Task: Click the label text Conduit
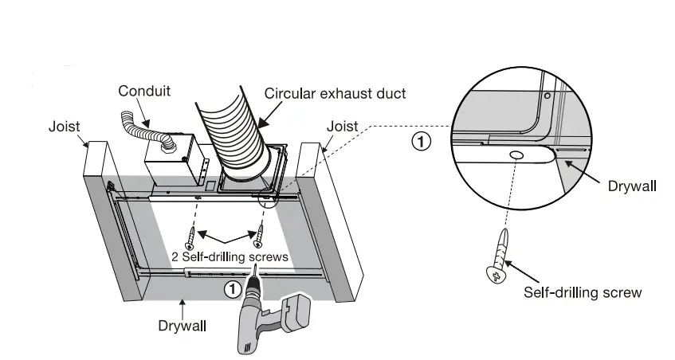[144, 91]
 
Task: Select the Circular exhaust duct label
[336, 93]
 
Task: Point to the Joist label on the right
[343, 127]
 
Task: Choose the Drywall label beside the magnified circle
[632, 186]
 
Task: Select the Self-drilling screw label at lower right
[583, 292]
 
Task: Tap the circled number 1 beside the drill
[233, 289]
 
